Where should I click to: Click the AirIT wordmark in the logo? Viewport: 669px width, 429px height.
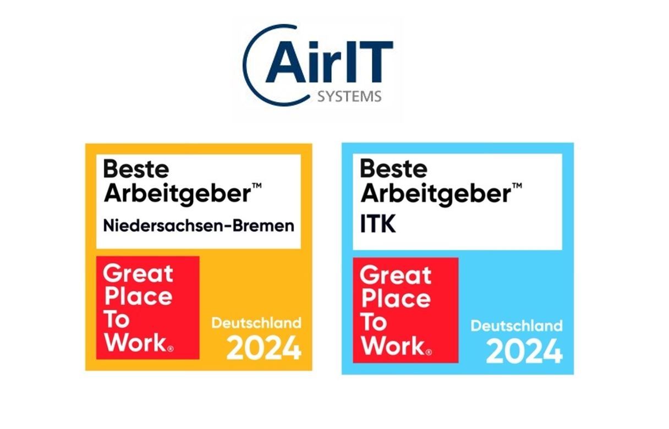pos(330,62)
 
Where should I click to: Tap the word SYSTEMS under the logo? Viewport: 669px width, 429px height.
pos(349,96)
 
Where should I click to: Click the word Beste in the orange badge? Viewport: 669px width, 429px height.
pos(136,169)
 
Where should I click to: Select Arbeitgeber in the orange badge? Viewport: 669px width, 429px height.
pos(177,194)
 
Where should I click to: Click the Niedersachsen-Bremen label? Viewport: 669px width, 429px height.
pos(199,226)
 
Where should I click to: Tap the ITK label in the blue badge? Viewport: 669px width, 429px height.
pos(378,224)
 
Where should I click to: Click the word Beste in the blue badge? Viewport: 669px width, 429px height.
pos(393,168)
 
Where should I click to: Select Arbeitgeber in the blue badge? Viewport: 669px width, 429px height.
pos(436,194)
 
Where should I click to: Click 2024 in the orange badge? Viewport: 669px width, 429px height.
pos(264,348)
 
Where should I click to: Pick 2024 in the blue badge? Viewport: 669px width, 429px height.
pos(524,351)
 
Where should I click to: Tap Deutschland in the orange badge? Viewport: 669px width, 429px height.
pos(256,323)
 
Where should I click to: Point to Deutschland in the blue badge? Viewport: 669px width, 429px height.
pos(517,326)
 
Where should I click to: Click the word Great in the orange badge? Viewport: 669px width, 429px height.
pos(138,274)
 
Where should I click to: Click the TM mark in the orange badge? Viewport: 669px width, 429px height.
pos(257,186)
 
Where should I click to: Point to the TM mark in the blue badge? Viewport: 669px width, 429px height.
pos(517,186)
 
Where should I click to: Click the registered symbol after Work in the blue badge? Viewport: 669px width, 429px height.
pos(429,353)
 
